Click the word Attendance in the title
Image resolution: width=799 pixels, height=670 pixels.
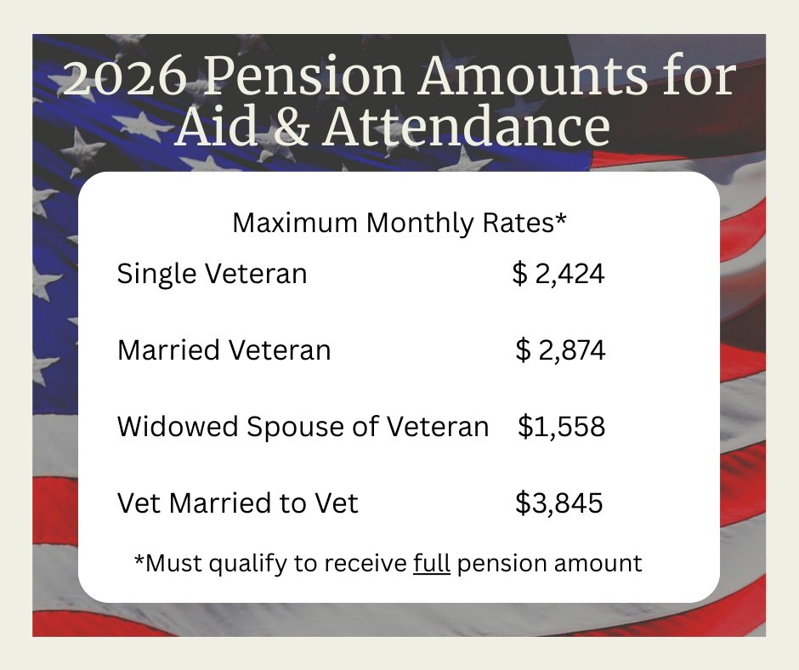point(466,127)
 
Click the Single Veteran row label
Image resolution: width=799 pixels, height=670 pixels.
point(212,274)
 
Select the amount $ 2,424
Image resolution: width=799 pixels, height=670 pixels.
point(558,274)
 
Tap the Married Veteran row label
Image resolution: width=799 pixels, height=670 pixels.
point(224,349)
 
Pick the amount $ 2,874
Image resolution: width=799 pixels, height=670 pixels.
point(560,349)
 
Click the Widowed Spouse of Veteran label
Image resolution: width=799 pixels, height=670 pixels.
point(303,426)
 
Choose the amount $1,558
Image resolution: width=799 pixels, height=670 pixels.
point(561,426)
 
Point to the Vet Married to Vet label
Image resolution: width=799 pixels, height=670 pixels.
point(237,503)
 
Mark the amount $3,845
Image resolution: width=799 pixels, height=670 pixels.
point(559,503)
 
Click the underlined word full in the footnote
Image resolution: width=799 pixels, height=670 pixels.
point(431,563)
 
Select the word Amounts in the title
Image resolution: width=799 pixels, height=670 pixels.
point(528,78)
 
